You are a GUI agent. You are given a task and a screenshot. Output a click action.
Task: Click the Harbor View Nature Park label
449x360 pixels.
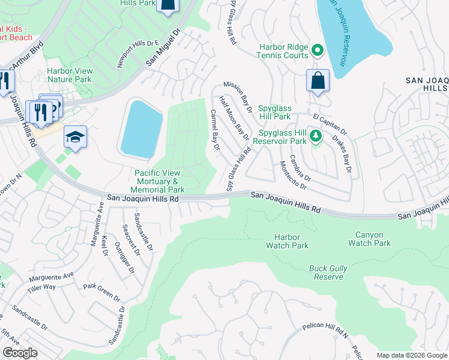click(69, 75)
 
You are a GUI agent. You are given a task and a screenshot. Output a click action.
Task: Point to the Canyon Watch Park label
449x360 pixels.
click(369, 239)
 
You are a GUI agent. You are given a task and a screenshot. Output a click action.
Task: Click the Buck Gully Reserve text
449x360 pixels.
click(327, 272)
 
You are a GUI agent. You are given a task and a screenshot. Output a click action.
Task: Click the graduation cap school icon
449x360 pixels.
click(76, 137)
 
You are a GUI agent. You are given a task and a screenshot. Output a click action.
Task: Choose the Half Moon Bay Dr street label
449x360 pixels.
click(234, 118)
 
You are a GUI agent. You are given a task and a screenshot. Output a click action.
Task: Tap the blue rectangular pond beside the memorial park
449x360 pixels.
click(141, 129)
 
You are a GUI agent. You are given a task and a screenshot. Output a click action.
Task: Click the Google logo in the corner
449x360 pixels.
click(20, 353)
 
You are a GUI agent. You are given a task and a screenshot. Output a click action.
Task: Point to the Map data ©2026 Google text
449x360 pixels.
click(411, 355)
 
